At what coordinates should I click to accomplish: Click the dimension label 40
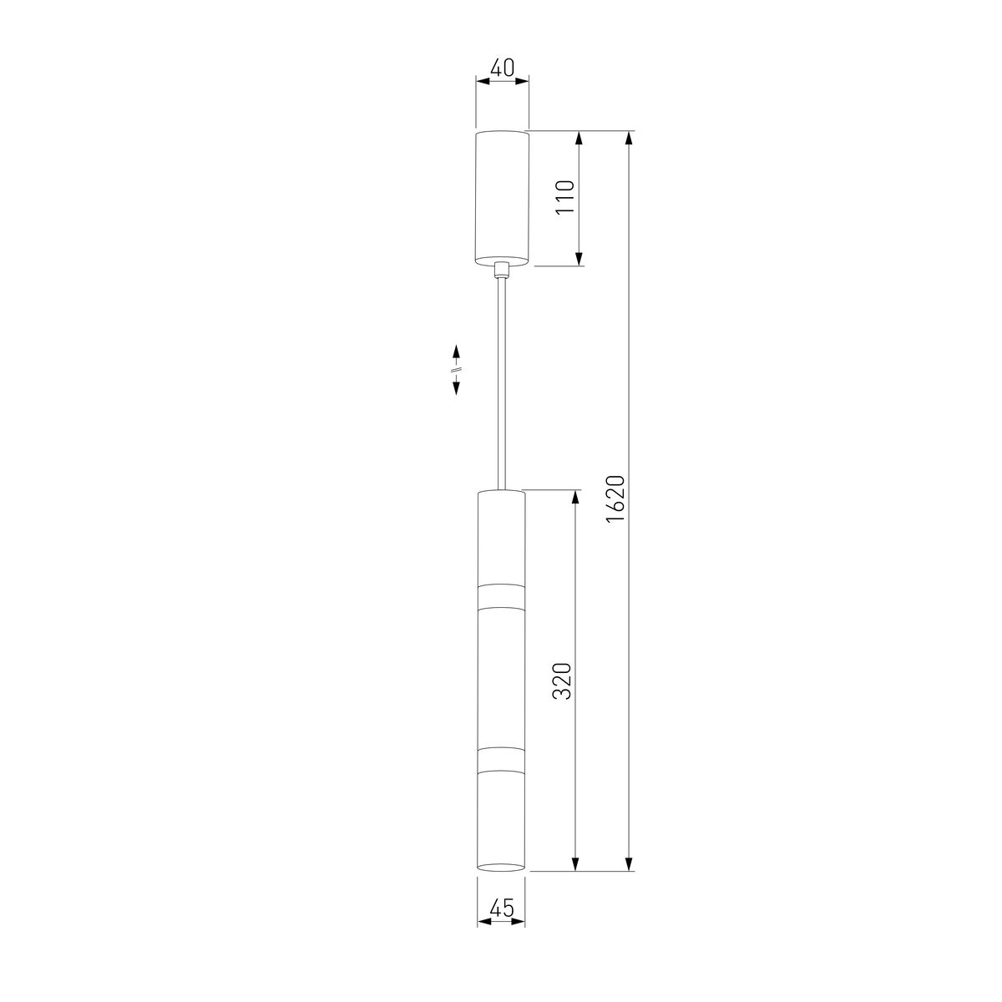(x=502, y=68)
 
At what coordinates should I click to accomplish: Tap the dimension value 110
(x=564, y=197)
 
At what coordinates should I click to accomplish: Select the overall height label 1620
(x=615, y=499)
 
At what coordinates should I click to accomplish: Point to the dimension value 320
(x=562, y=681)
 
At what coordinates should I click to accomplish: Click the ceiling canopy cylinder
(x=502, y=198)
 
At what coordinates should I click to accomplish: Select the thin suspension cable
(x=502, y=384)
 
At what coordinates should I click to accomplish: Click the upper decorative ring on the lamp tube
(x=501, y=596)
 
